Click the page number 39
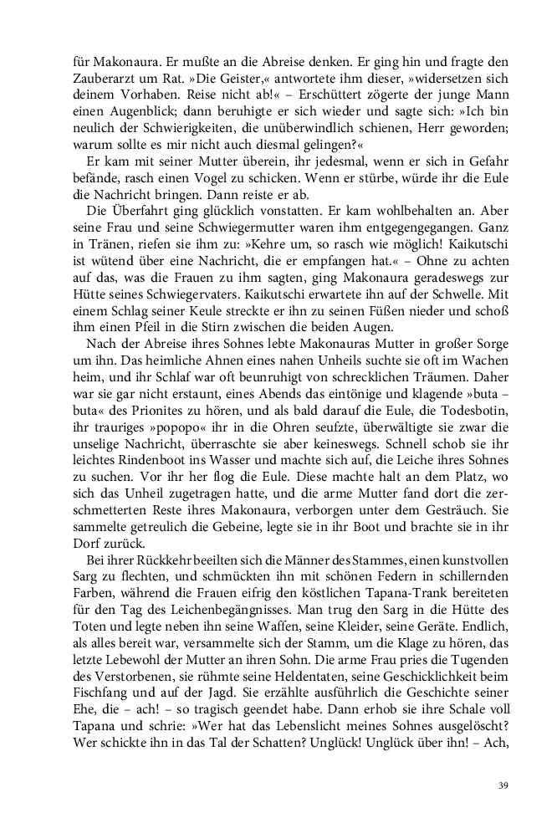pos(503,785)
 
